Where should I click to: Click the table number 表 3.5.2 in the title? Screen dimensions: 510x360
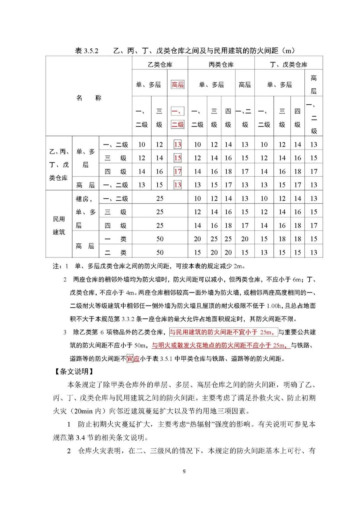tap(87, 51)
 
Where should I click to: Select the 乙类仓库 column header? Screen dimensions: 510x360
tap(160, 64)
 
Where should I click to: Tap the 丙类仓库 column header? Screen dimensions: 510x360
tap(221, 64)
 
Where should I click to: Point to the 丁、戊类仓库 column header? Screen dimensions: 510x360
tap(288, 64)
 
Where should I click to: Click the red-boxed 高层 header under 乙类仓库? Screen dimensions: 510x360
tap(177, 85)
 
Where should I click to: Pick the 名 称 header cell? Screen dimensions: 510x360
tap(89, 98)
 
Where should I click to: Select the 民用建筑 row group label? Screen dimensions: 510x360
tap(59, 225)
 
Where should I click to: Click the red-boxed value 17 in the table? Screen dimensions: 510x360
tap(177, 172)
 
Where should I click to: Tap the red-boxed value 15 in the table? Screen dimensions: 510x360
tap(177, 158)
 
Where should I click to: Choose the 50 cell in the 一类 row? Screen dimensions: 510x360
tap(160, 239)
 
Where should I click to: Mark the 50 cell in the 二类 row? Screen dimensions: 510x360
tap(160, 253)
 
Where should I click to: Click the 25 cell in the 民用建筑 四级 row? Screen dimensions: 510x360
tap(160, 226)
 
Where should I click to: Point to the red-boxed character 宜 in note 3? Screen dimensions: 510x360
tap(130, 359)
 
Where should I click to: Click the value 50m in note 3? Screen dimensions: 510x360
tap(140, 345)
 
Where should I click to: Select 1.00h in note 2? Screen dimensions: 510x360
tap(274, 306)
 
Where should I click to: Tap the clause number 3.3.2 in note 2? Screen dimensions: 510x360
tap(128, 319)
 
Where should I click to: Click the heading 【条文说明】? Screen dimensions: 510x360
tap(74, 371)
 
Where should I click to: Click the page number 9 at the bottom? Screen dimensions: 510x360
tap(184, 471)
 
